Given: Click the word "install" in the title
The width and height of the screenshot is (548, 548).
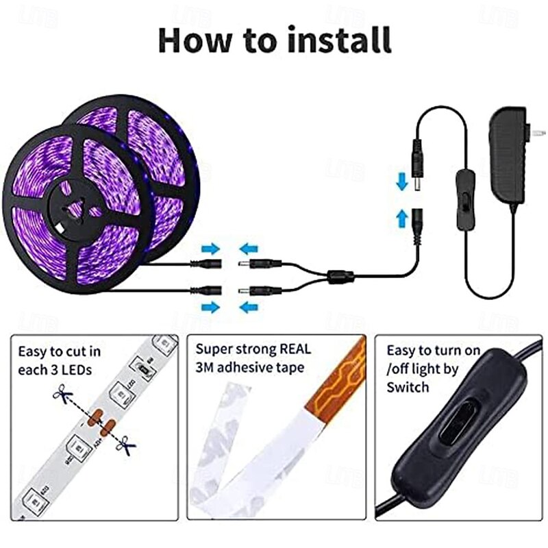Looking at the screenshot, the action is (x=339, y=40).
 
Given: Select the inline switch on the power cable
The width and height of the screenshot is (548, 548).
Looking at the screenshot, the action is (x=465, y=199).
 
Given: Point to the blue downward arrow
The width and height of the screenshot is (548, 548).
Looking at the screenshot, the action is (x=402, y=182).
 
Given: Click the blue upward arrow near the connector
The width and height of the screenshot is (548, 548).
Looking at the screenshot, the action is (x=402, y=218).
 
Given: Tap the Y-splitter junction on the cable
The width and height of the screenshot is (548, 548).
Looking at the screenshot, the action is (x=340, y=277).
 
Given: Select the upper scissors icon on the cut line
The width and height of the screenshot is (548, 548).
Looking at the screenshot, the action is (x=62, y=395).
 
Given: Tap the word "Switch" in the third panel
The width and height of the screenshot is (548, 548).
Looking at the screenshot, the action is (x=408, y=387).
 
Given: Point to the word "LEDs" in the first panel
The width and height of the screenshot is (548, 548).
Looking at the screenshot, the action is (x=77, y=370).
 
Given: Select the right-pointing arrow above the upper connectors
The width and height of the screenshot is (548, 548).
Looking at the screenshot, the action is (x=211, y=249).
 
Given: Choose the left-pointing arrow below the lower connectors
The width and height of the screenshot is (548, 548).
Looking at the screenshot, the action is (x=249, y=308).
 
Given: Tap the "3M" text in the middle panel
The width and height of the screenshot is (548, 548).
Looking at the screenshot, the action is (x=204, y=368).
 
